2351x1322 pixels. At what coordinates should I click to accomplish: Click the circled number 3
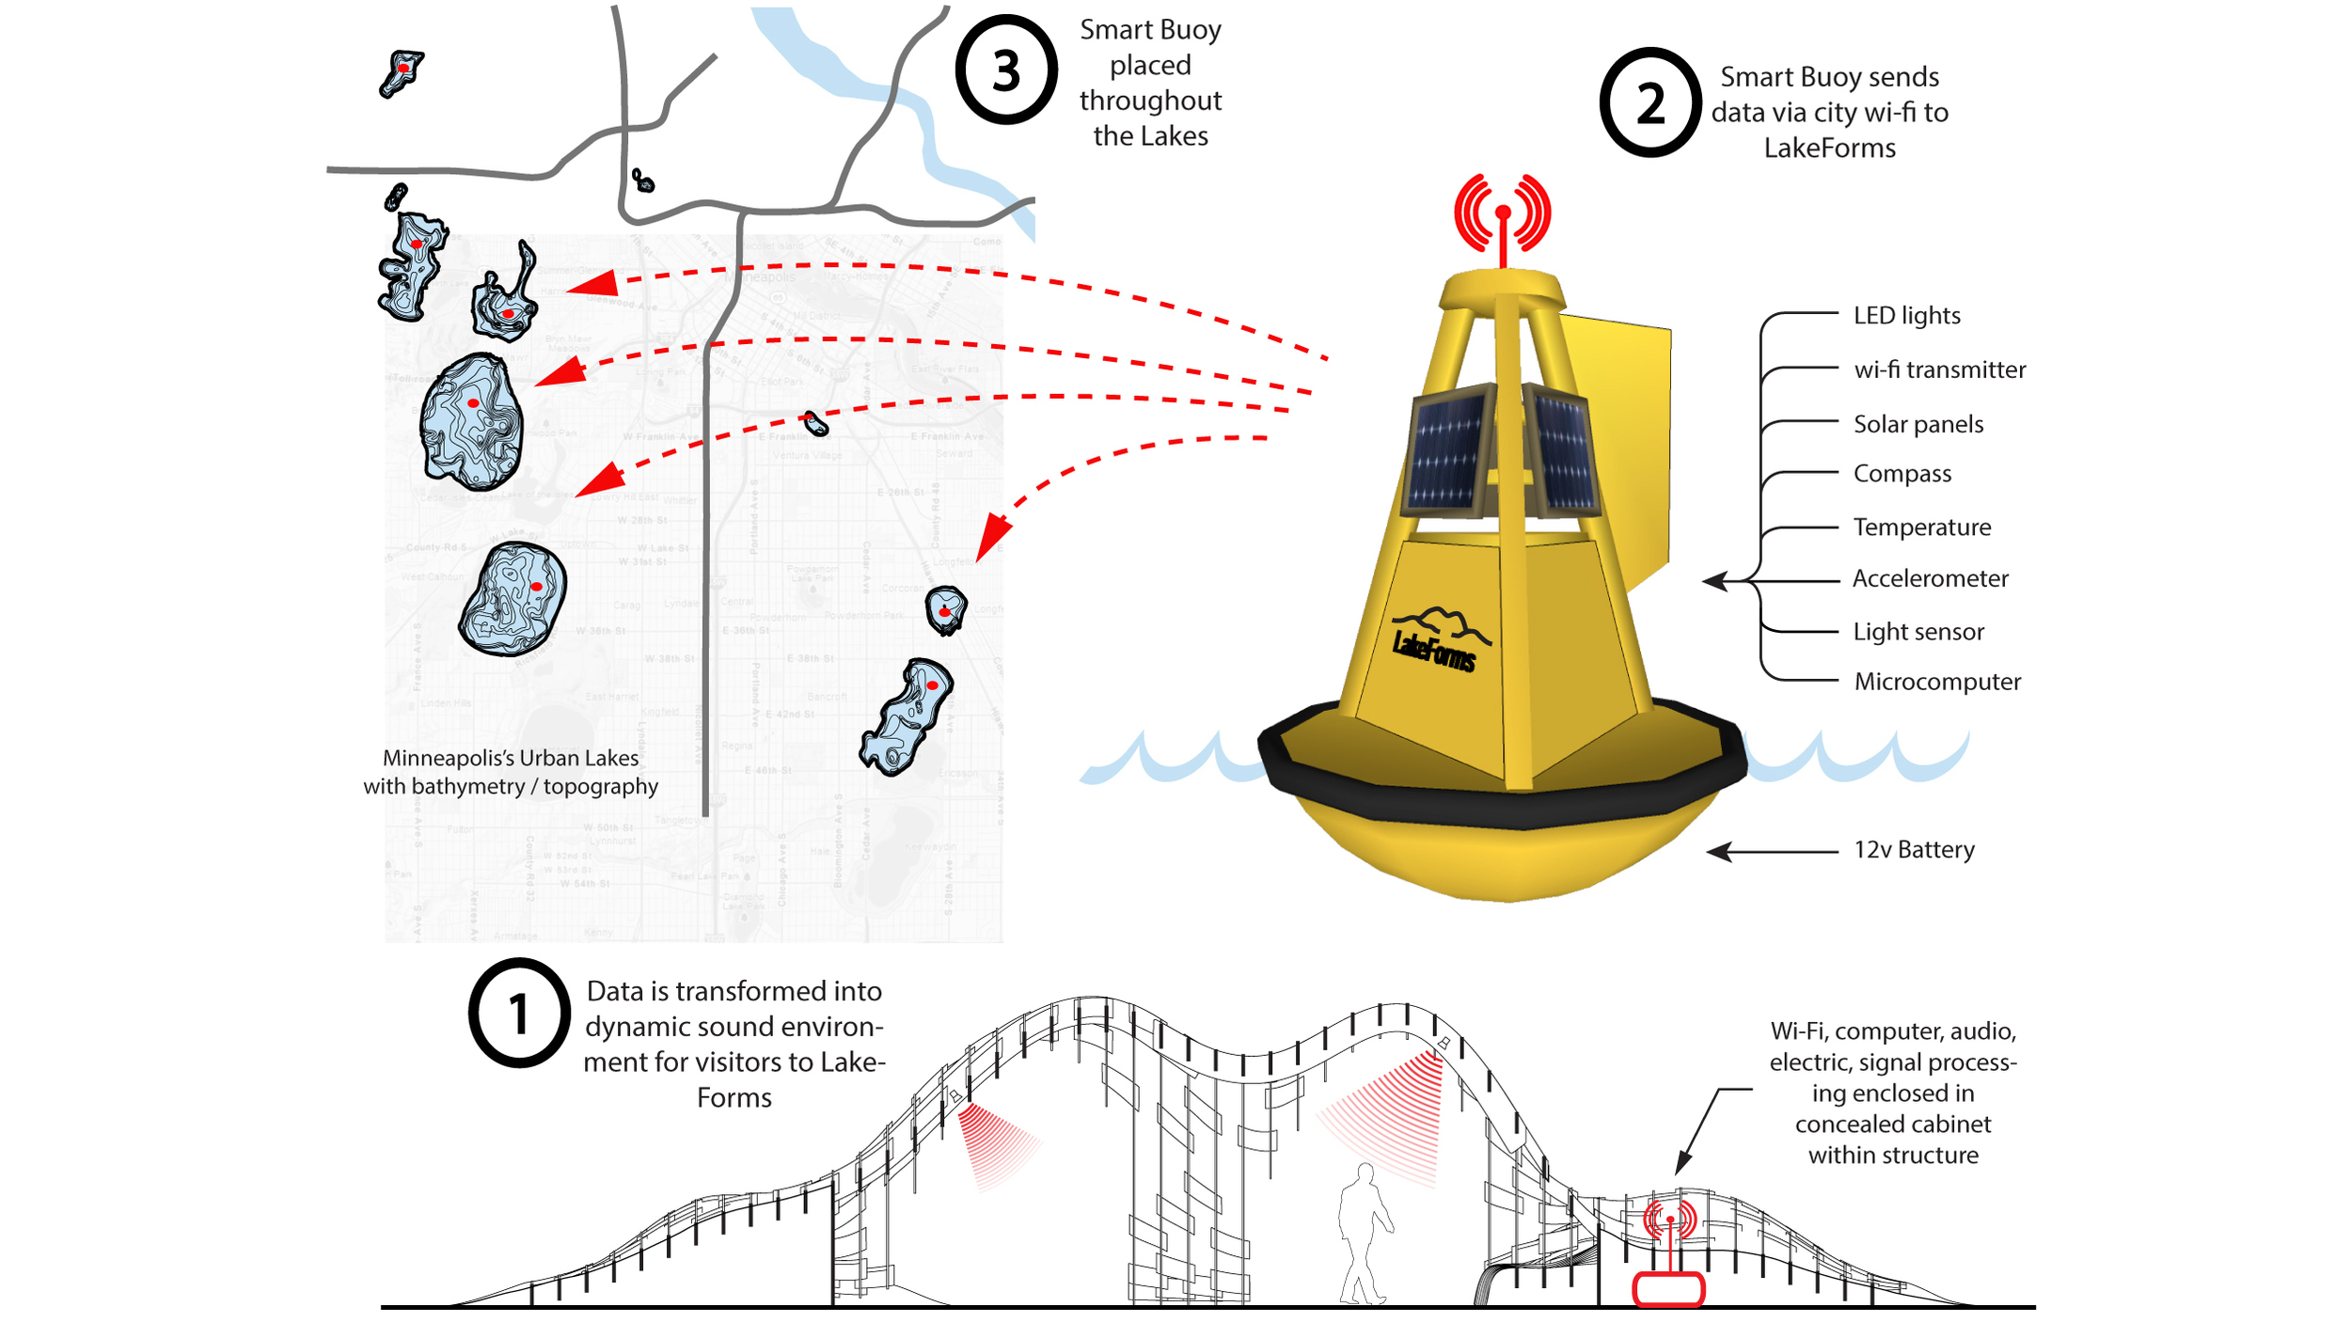pyautogui.click(x=1005, y=70)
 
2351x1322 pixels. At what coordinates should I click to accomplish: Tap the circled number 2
pyautogui.click(x=1649, y=102)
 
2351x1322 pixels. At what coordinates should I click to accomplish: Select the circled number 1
pyautogui.click(x=519, y=1013)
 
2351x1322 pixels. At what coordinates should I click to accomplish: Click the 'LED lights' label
pyautogui.click(x=1906, y=315)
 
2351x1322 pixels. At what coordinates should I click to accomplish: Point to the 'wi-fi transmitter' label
pyautogui.click(x=1939, y=370)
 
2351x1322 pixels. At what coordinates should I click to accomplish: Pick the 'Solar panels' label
pyautogui.click(x=1917, y=424)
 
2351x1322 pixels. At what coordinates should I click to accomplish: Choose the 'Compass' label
pyautogui.click(x=1901, y=473)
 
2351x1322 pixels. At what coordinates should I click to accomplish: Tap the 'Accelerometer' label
pyautogui.click(x=1930, y=578)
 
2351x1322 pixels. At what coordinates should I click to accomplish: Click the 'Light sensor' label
pyautogui.click(x=1918, y=632)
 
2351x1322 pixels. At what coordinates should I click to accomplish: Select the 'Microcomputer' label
pyautogui.click(x=1937, y=682)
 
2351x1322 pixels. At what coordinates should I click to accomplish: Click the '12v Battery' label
pyautogui.click(x=1914, y=850)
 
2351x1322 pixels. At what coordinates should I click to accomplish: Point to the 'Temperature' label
pyautogui.click(x=1921, y=527)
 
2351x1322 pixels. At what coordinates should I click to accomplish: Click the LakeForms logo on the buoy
pyautogui.click(x=1436, y=640)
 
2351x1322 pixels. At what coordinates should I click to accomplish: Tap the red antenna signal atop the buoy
pyautogui.click(x=1502, y=215)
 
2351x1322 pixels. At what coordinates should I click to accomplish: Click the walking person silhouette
pyautogui.click(x=1365, y=1232)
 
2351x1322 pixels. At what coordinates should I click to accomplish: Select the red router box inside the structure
pyautogui.click(x=1668, y=1288)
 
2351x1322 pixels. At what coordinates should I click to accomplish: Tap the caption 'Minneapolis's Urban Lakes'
pyautogui.click(x=510, y=758)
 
